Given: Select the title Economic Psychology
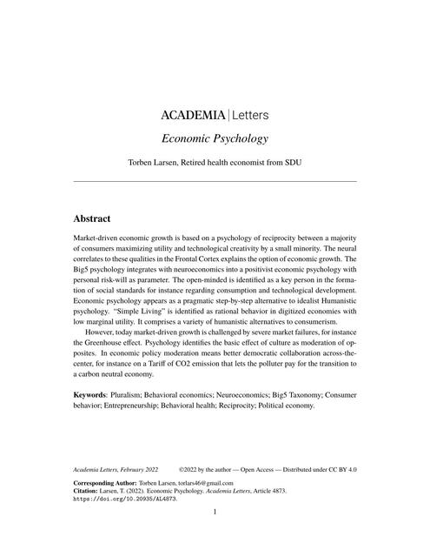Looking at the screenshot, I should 214,138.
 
